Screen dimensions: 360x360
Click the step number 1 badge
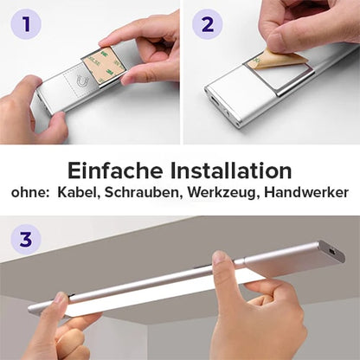[26, 24]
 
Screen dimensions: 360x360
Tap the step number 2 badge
[207, 24]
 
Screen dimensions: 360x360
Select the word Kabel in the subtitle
[80, 193]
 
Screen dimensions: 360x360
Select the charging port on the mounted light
[331, 252]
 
